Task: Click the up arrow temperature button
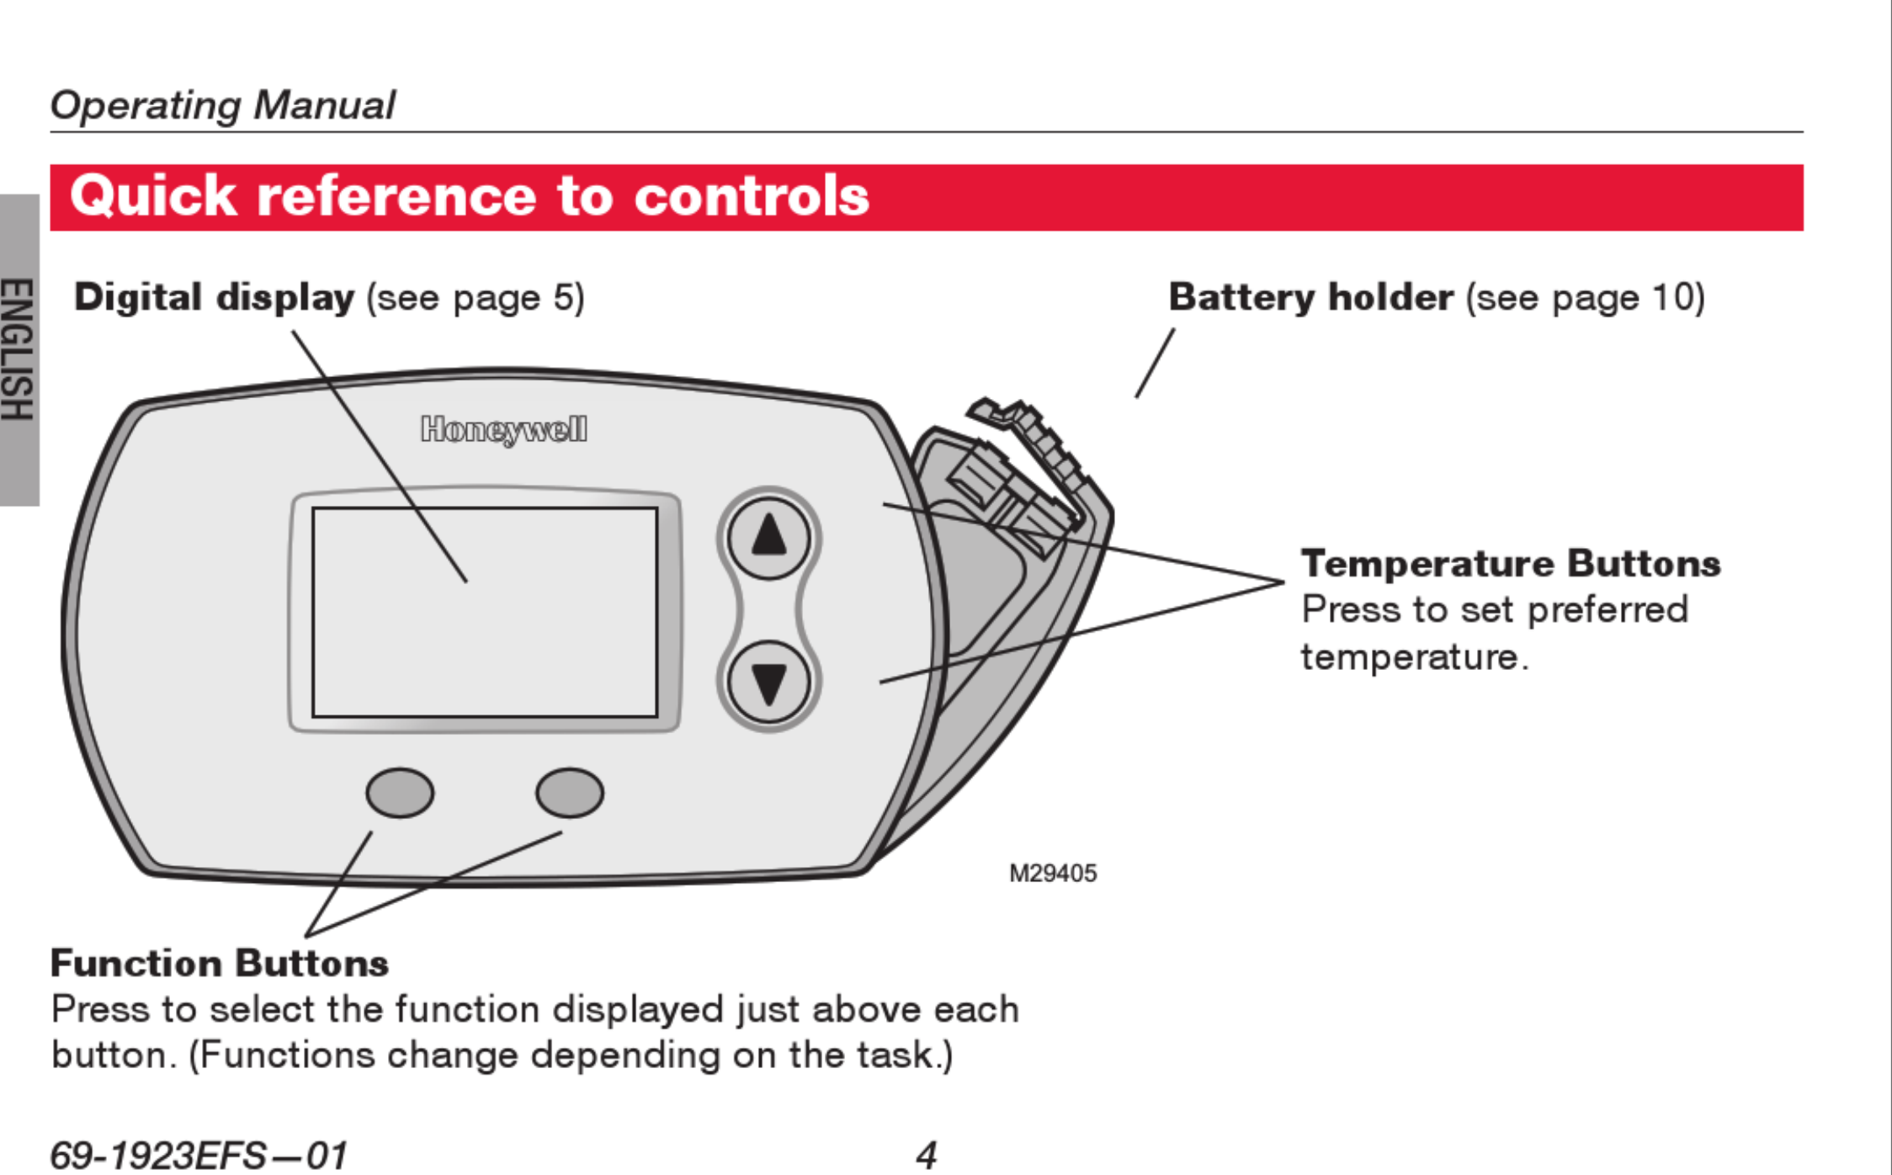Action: coord(768,538)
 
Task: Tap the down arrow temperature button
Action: coord(768,682)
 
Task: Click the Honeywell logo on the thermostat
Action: coord(504,429)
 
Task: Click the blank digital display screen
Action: coord(485,612)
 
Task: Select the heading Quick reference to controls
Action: coord(470,196)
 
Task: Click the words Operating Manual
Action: coord(222,105)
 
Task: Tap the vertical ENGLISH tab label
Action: coord(19,349)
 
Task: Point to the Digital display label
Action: coord(215,297)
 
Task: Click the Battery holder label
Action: coord(1310,297)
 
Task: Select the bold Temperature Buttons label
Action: coord(1511,563)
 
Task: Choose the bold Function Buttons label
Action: coord(220,963)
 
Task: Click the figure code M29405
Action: coord(1052,874)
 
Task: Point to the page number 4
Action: coord(926,1155)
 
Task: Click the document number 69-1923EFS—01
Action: coord(199,1155)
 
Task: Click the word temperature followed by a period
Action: coord(1413,657)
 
